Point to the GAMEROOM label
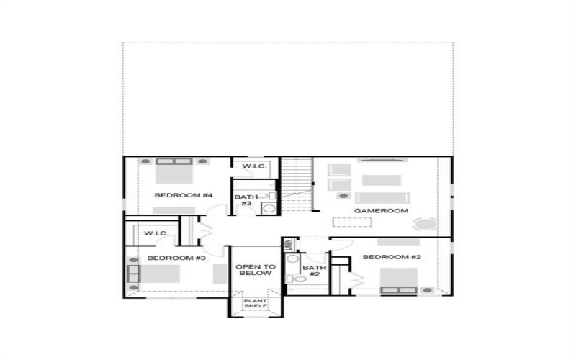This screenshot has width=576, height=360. [381, 211]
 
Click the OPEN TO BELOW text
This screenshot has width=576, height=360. [253, 270]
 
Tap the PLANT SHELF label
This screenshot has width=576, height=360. [255, 303]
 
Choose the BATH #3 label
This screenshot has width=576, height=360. [246, 199]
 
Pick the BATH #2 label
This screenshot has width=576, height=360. [315, 271]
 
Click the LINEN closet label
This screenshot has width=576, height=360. [287, 245]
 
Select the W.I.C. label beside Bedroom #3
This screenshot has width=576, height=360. [156, 233]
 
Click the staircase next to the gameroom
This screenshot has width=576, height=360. [295, 186]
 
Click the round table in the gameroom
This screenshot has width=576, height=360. [425, 224]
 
